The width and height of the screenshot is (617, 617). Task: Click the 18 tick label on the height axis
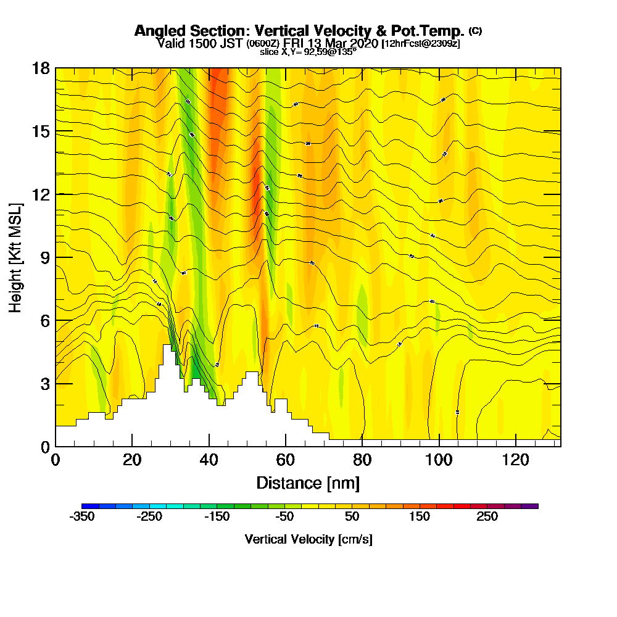[40, 68]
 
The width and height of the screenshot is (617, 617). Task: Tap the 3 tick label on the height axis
[44, 383]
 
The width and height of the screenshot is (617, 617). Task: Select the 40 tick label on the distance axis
[209, 460]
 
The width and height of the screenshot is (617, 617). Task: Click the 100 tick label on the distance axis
[439, 460]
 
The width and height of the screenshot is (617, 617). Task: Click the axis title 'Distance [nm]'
[308, 482]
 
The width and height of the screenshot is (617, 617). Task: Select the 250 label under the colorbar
[487, 517]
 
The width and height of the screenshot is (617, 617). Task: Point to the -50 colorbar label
[284, 517]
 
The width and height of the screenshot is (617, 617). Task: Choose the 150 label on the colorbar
[420, 517]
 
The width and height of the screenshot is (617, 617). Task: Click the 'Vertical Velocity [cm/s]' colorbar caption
[308, 539]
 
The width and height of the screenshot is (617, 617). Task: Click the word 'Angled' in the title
[158, 31]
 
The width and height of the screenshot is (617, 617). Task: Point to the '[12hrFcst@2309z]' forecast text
[421, 44]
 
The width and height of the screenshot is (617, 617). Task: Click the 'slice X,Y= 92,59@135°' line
[308, 52]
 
